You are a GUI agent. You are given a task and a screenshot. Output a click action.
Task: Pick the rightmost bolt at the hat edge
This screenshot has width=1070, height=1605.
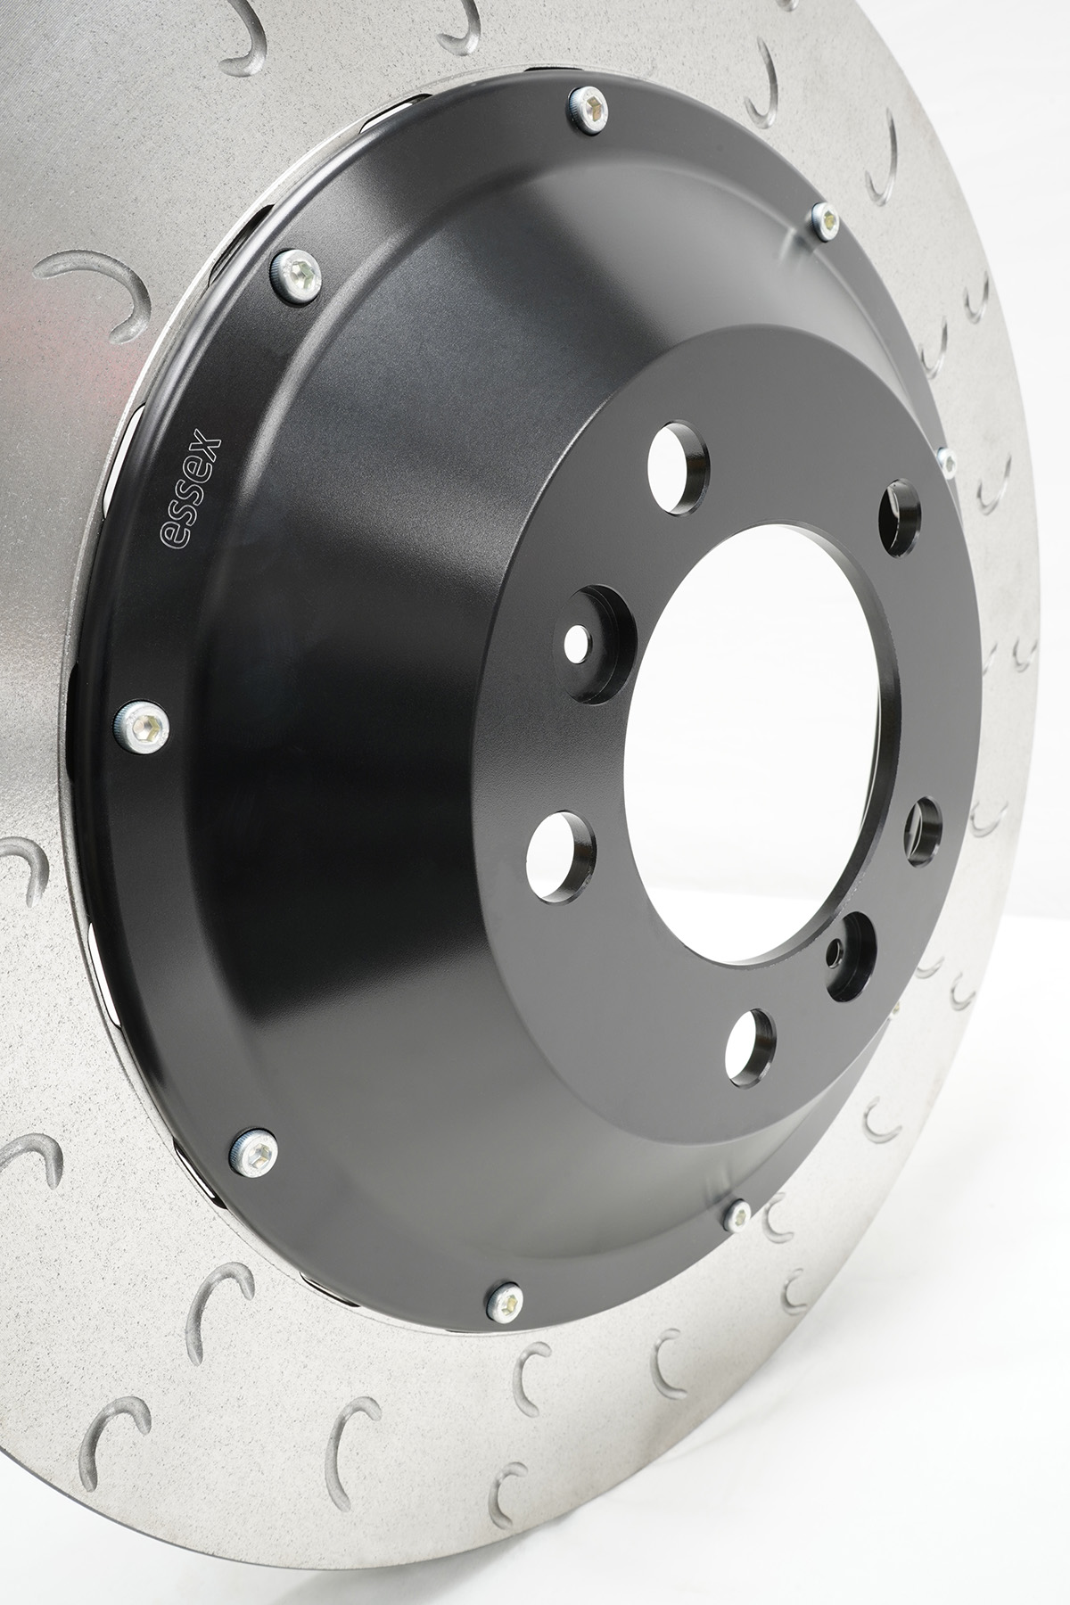(947, 460)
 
